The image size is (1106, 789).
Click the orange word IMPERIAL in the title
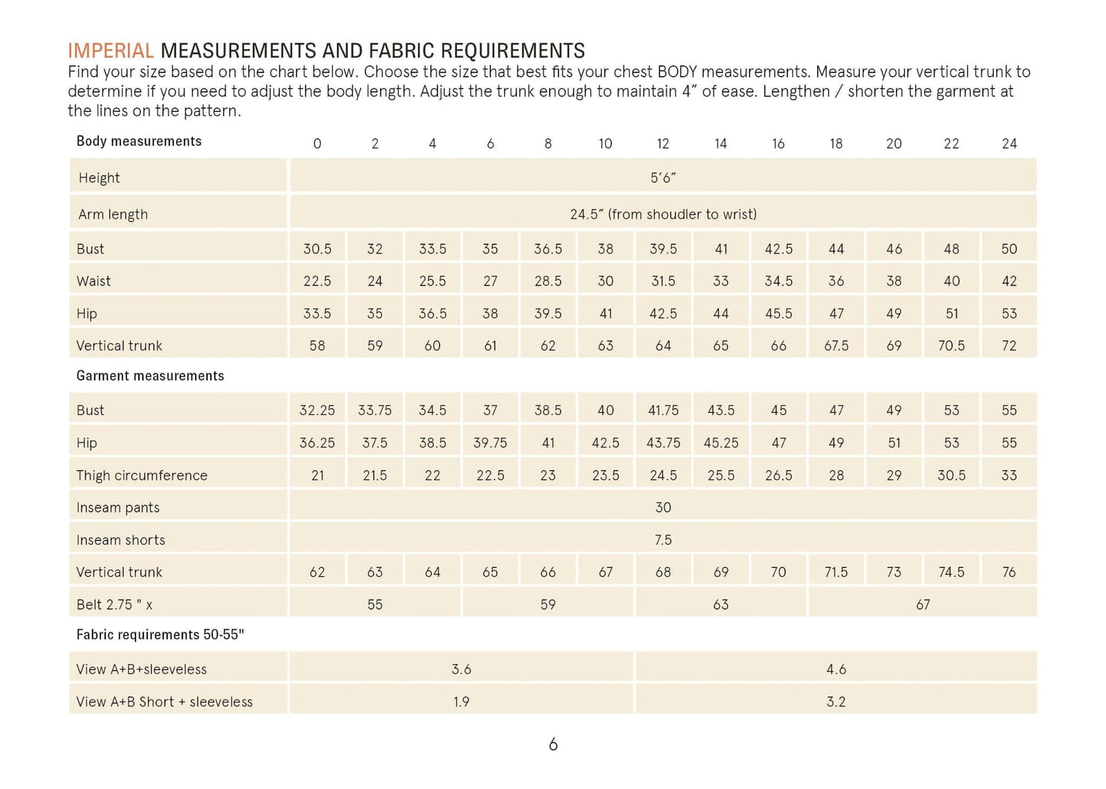111,51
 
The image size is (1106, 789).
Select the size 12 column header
663,144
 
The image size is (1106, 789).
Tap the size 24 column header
1009,144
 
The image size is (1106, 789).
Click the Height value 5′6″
663,178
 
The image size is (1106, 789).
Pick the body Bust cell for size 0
317,249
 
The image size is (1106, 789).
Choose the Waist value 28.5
547,281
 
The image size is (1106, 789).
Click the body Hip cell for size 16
778,314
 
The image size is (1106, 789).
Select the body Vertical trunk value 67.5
836,346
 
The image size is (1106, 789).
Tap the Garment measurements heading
150,376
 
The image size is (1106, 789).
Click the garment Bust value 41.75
663,411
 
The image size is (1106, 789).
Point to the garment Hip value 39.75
490,443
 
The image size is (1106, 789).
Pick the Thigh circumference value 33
1009,475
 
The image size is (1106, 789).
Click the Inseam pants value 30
663,508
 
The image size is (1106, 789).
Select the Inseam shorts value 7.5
663,540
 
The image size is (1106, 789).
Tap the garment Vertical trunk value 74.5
951,572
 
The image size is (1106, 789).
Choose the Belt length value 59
547,605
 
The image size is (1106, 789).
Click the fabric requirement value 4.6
836,669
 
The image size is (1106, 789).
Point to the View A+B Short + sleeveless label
165,702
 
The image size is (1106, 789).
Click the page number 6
553,745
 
